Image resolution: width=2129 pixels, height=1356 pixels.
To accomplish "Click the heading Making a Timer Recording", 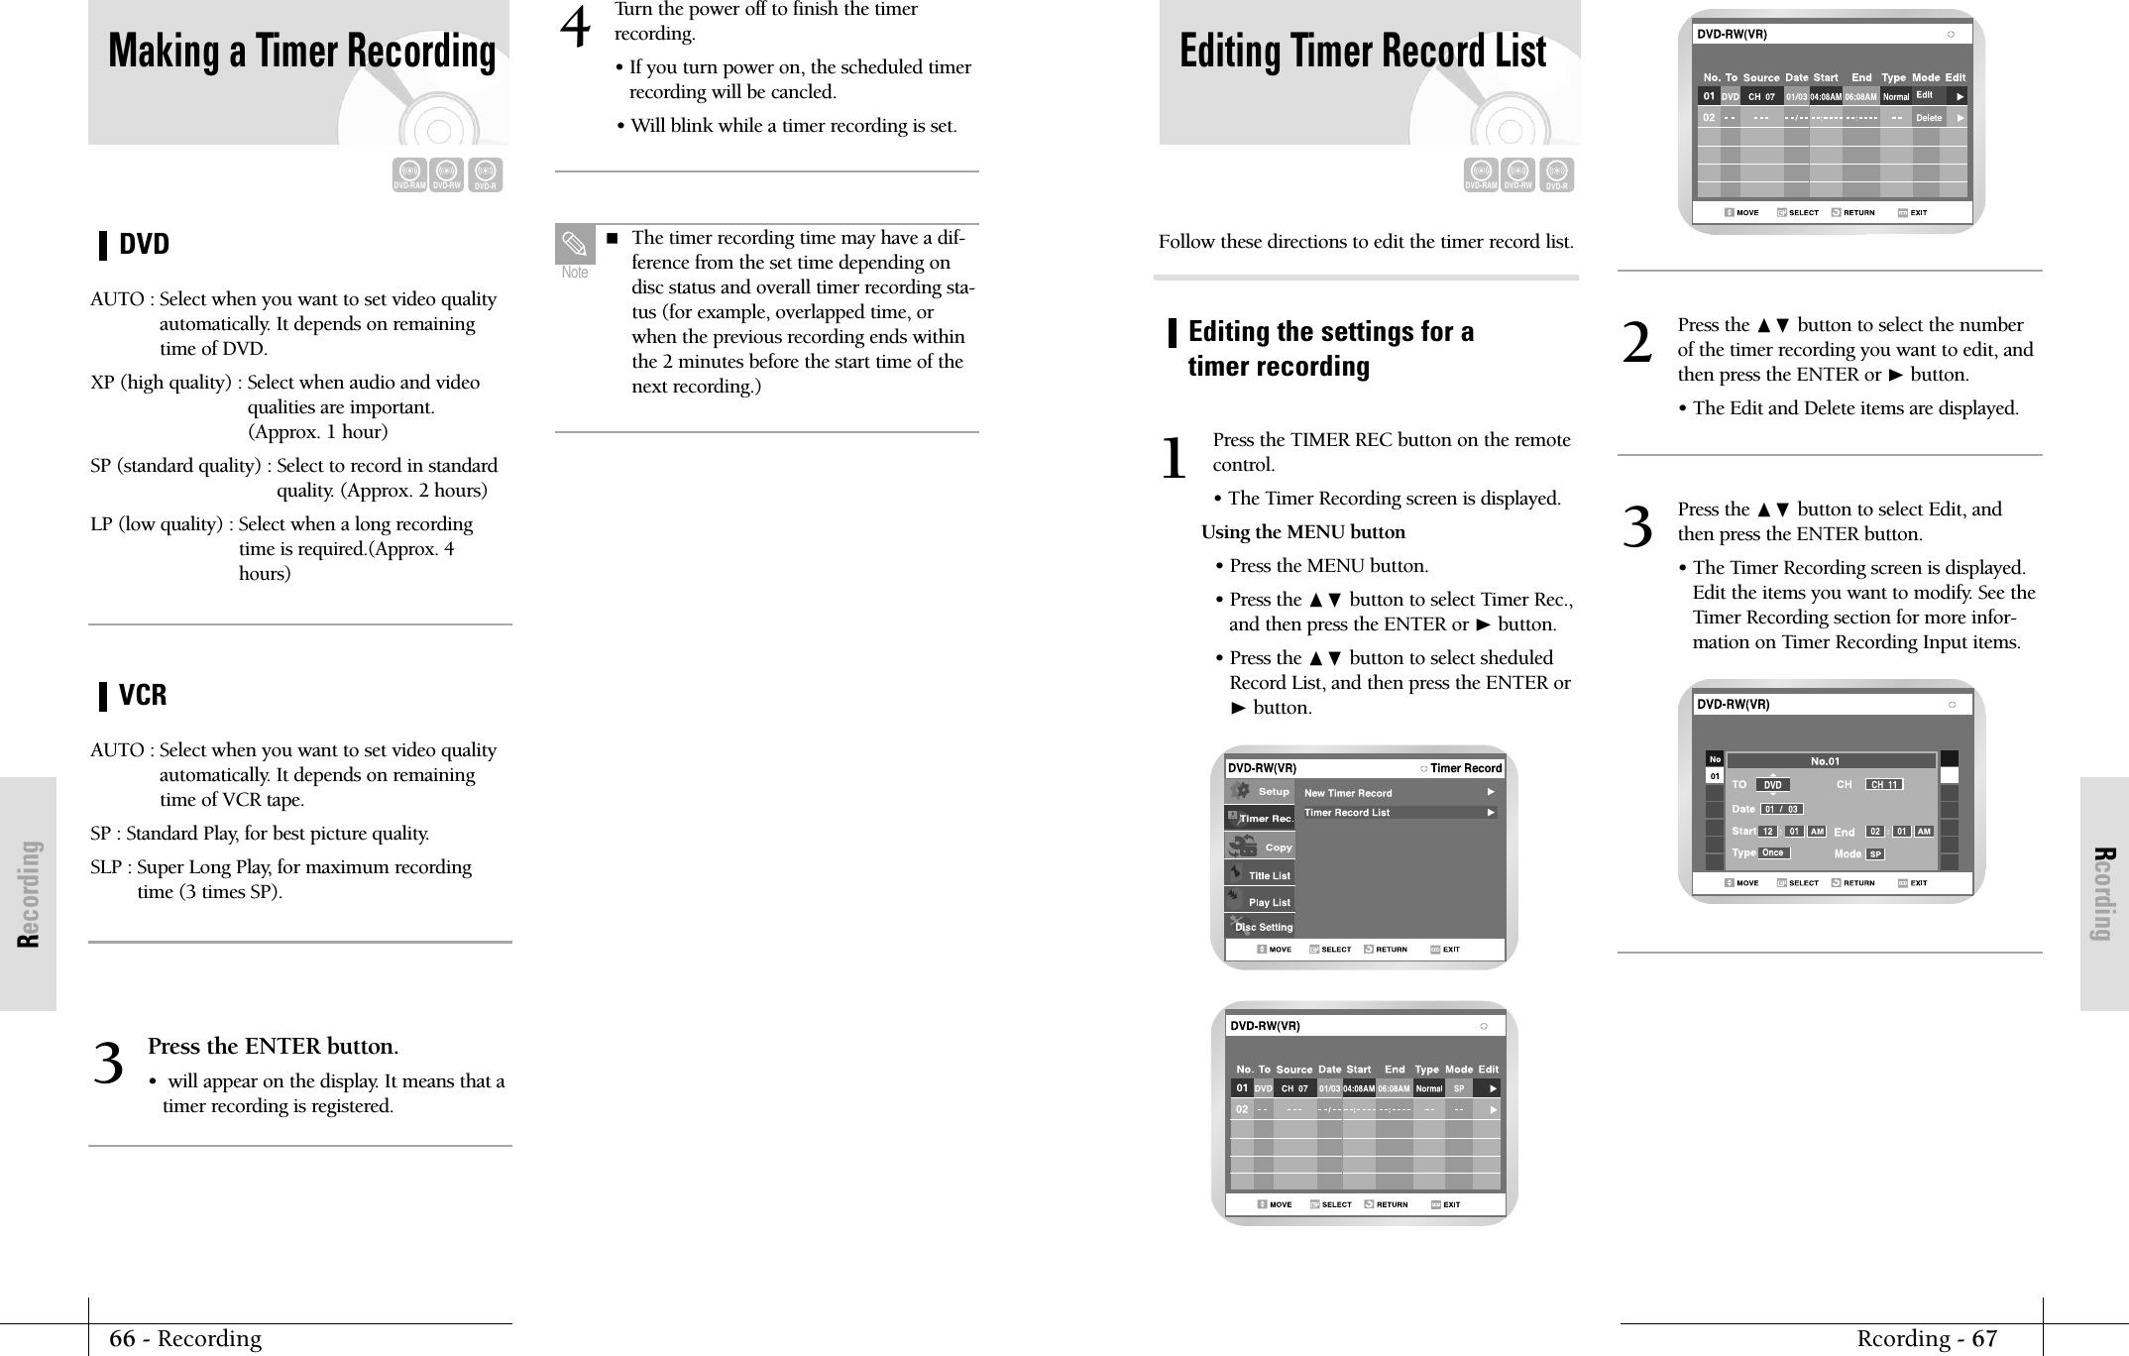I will [301, 52].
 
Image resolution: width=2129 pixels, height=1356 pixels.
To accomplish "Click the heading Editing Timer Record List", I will [1362, 52].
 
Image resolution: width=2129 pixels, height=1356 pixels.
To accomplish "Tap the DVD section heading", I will [144, 244].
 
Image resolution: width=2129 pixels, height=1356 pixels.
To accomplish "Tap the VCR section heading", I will [143, 695].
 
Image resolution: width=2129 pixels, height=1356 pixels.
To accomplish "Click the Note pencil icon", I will [575, 244].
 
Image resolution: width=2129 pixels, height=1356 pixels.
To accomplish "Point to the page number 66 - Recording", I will [185, 1338].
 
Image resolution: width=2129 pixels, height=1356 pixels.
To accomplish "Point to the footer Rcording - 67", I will [1926, 1338].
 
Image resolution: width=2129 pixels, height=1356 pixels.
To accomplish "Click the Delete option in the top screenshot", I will [1928, 118].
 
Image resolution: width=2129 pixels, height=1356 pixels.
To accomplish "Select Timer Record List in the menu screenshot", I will [1346, 813].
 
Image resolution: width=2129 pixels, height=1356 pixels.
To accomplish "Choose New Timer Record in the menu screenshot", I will [1347, 793].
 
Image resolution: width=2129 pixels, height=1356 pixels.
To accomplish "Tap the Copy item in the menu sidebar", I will [1278, 847].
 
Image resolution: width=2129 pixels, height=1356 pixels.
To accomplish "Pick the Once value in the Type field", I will [1772, 852].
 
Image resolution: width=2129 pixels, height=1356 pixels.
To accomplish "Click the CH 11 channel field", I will [1883, 785].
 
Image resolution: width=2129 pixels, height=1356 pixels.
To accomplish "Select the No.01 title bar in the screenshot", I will [1824, 761].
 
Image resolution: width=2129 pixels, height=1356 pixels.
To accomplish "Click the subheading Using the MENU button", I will [1302, 532].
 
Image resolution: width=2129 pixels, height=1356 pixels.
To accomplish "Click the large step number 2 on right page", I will [1637, 344].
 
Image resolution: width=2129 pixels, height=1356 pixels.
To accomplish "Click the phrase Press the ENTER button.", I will [273, 1047].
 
